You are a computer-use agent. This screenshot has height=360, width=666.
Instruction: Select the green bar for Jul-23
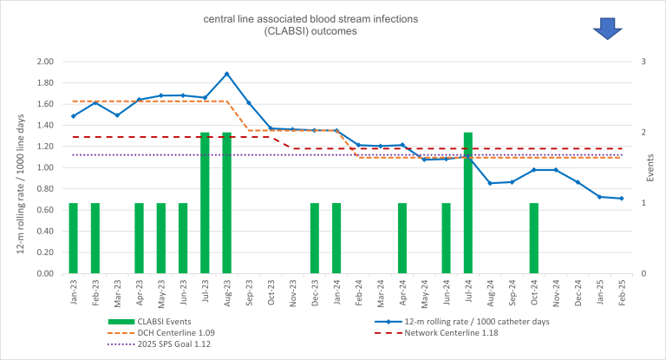pyautogui.click(x=206, y=203)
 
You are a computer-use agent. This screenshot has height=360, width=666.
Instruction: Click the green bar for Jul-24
pyautogui.click(x=468, y=203)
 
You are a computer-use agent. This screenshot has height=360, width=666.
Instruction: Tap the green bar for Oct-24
pyautogui.click(x=534, y=238)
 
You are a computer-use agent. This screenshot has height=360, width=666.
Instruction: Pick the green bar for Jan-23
pyautogui.click(x=74, y=238)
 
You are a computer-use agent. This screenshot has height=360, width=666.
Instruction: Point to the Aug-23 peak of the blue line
pyautogui.click(x=227, y=74)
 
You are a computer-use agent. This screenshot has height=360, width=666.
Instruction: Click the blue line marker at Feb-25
pyautogui.click(x=622, y=199)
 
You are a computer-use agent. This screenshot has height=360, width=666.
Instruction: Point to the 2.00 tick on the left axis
pyautogui.click(x=43, y=62)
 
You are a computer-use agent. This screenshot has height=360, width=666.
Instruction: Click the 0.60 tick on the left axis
pyautogui.click(x=43, y=210)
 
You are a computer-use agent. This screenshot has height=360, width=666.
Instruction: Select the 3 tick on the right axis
pyautogui.click(x=643, y=62)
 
